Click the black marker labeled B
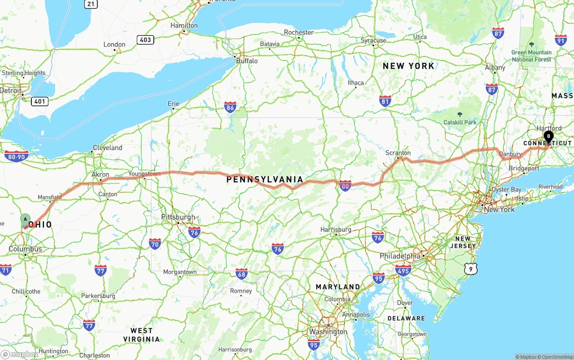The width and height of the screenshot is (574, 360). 548,137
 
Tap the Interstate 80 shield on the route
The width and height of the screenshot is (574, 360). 345,186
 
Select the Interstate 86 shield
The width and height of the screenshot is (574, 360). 230,107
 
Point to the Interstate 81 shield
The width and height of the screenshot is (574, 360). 385,100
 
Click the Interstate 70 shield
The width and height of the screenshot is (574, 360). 155,243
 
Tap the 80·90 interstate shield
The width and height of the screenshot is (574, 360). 17,156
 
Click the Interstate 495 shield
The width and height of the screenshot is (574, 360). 403,270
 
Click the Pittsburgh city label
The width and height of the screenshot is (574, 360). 178,217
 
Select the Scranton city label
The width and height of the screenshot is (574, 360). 398,153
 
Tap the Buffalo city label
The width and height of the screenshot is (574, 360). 247,61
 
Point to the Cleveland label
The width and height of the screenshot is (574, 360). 107,147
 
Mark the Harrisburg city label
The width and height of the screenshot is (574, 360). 336,230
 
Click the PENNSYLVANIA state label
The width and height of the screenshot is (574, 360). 265,179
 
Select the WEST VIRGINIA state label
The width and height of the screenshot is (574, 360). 142,335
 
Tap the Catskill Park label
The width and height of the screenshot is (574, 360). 460,122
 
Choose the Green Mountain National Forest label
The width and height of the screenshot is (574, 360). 531,56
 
